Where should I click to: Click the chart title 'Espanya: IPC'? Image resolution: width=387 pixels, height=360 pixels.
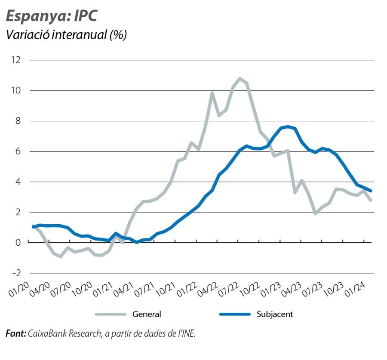pyautogui.click(x=51, y=16)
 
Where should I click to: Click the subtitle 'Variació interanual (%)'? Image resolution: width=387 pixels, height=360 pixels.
pyautogui.click(x=66, y=35)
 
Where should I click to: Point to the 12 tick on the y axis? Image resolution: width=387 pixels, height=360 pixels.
pyautogui.click(x=16, y=60)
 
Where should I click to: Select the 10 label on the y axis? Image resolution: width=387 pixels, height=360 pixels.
pyautogui.click(x=16, y=90)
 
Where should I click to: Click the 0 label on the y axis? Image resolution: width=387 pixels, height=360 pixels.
pyautogui.click(x=18, y=243)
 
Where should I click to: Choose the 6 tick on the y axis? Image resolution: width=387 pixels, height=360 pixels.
pyautogui.click(x=18, y=151)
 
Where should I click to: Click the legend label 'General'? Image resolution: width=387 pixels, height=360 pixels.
pyautogui.click(x=147, y=314)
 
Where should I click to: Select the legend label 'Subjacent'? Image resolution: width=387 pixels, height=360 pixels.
pyautogui.click(x=274, y=314)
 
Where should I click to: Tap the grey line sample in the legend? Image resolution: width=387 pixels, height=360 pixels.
pyautogui.click(x=111, y=314)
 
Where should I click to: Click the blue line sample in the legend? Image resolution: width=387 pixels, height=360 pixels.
pyautogui.click(x=235, y=314)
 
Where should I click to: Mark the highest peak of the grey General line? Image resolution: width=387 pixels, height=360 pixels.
pyautogui.click(x=240, y=79)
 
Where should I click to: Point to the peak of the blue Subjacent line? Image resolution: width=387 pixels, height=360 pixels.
pyautogui.click(x=288, y=126)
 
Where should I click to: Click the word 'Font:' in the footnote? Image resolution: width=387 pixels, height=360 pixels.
pyautogui.click(x=16, y=333)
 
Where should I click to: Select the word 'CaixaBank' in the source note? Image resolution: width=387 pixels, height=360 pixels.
pyautogui.click(x=47, y=333)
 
